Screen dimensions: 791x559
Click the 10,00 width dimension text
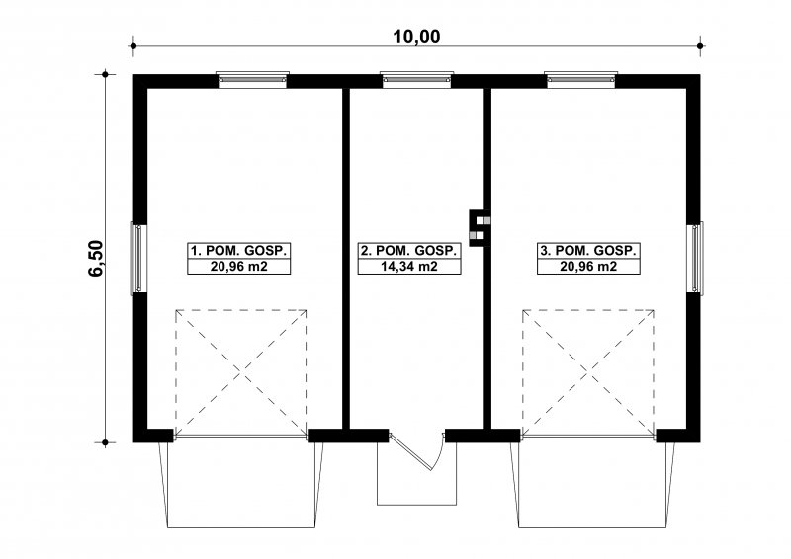tap(416, 37)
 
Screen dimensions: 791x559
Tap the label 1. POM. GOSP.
tap(238, 251)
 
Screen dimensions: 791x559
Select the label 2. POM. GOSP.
tap(409, 251)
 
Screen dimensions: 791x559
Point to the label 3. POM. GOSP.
tap(588, 251)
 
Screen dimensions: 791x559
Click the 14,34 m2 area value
tap(409, 266)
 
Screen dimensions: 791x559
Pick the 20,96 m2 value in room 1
tap(238, 266)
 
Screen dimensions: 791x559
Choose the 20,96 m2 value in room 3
tap(588, 266)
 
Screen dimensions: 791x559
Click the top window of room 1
tap(252, 80)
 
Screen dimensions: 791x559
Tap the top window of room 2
tap(416, 80)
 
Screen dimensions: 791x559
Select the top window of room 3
tap(580, 80)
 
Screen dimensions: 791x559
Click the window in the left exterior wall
tap(138, 259)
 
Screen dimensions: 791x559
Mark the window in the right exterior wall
tap(695, 259)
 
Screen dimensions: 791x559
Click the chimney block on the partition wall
tap(477, 228)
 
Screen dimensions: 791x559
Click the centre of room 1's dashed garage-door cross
tap(241, 373)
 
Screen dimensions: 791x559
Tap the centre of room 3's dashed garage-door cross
tap(588, 373)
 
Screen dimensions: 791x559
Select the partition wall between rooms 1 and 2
tap(346, 259)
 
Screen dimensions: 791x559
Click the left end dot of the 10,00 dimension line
tap(133, 46)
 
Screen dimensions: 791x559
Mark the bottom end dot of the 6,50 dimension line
tap(105, 442)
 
